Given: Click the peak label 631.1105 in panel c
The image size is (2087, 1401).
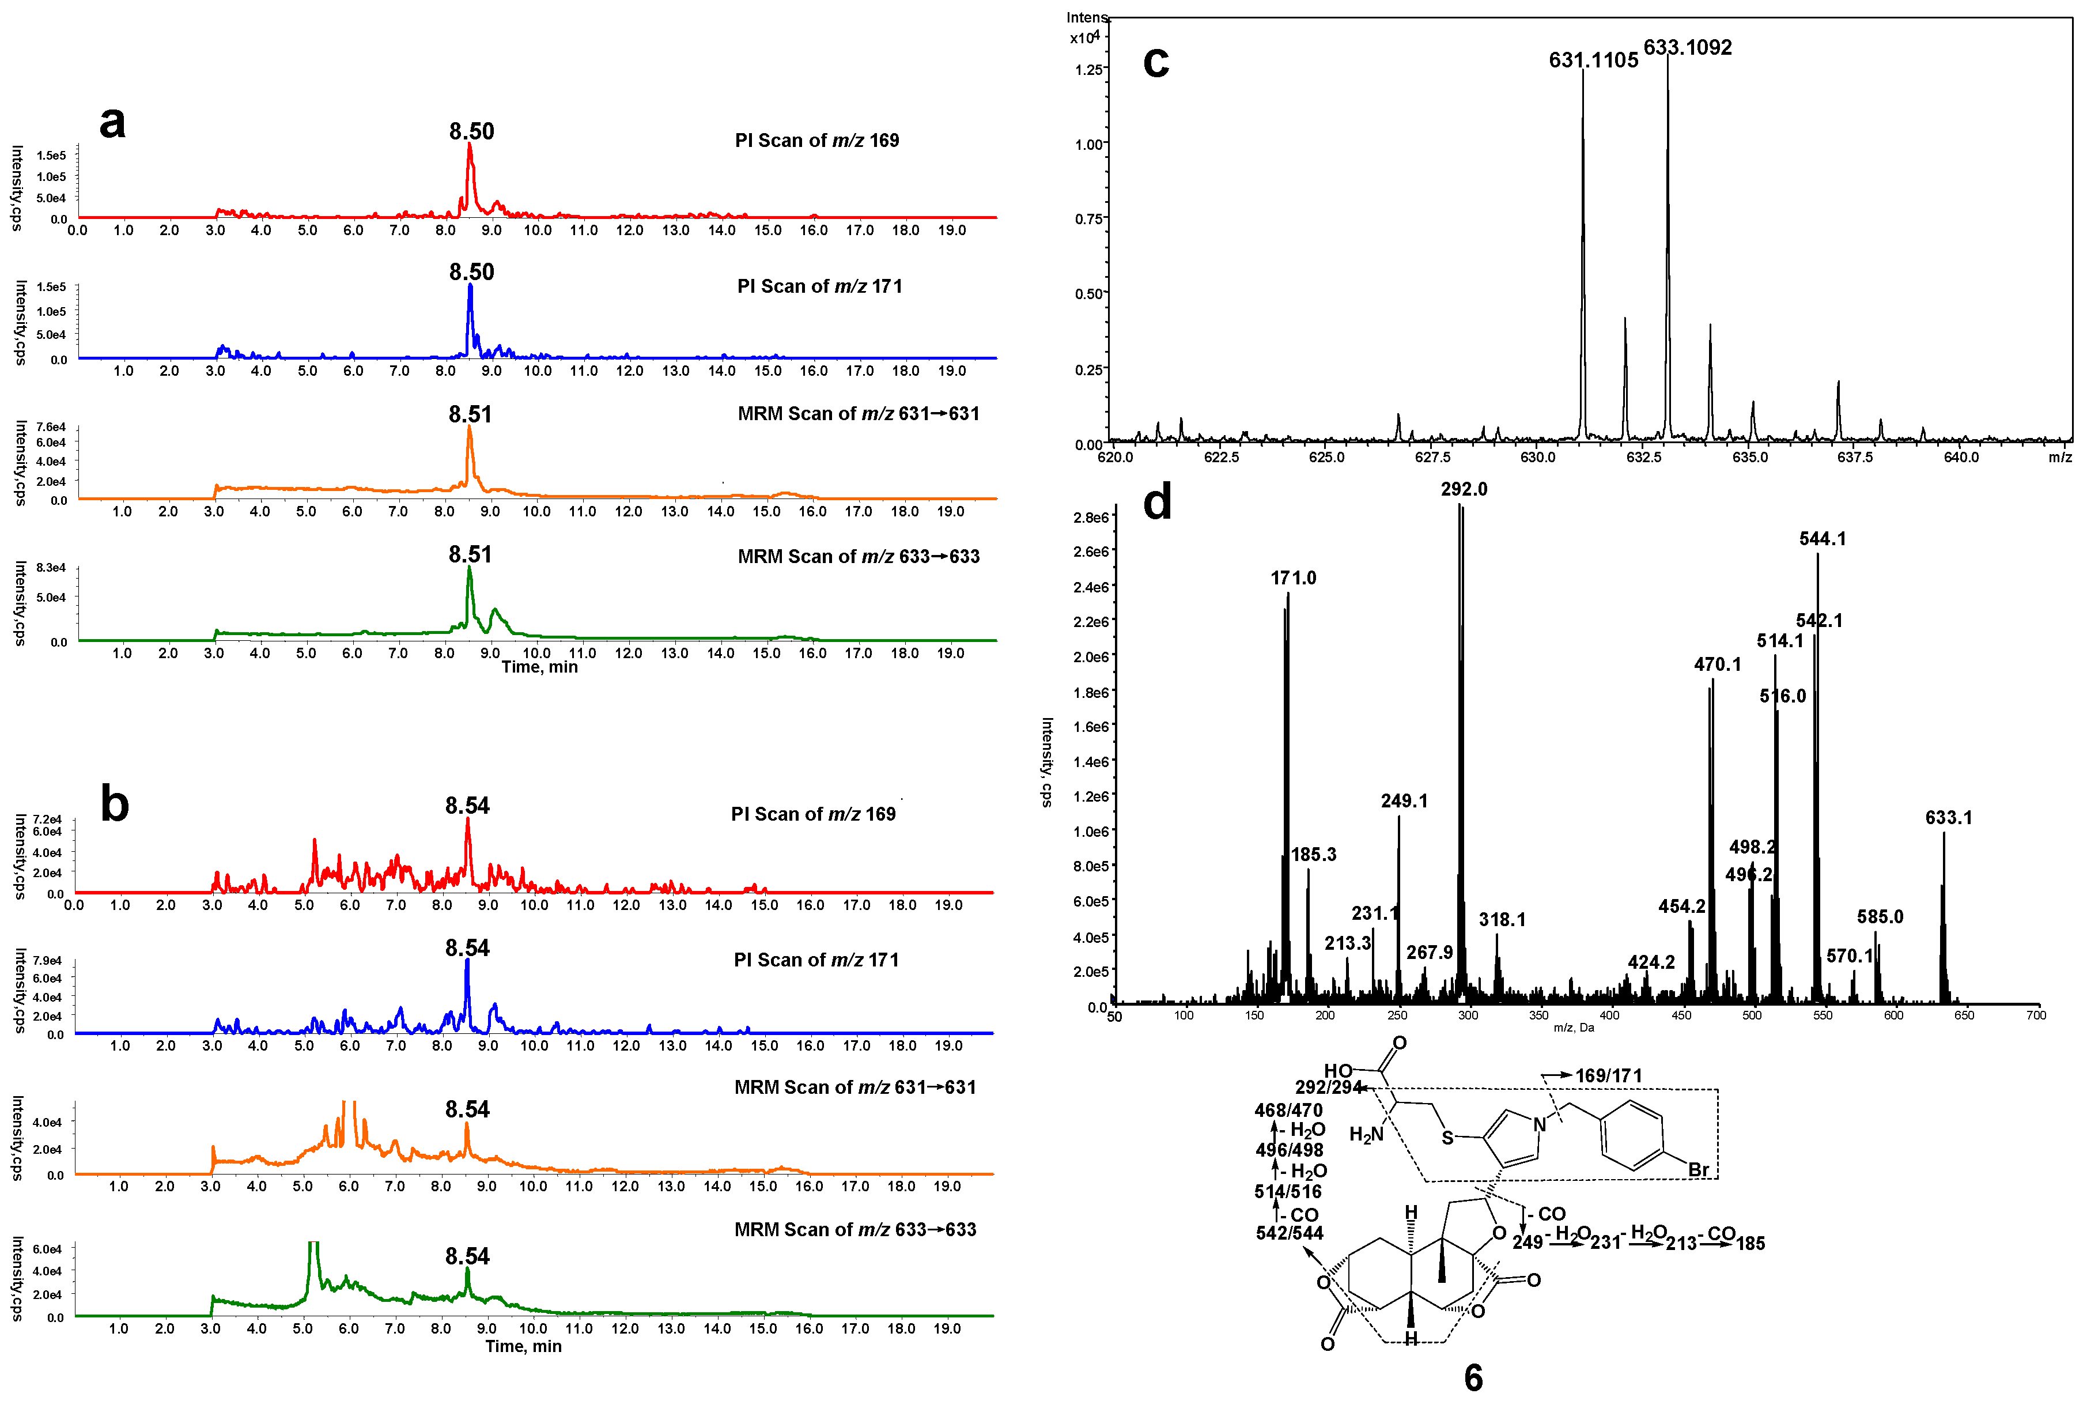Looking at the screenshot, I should (1593, 60).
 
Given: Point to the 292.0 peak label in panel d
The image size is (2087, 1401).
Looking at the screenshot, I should (1464, 489).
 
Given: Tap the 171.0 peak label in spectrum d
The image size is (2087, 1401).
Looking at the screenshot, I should (1293, 577).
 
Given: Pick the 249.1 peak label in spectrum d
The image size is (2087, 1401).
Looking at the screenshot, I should (1404, 800).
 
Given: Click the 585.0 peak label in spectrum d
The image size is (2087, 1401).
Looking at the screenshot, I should (1879, 917).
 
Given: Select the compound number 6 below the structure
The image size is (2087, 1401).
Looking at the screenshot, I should (1473, 1377).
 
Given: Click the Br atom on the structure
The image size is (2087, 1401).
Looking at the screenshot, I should (1697, 1169).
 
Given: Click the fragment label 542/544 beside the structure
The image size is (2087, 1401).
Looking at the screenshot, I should (1289, 1233).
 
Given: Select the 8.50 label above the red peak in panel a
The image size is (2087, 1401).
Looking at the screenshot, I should (471, 131).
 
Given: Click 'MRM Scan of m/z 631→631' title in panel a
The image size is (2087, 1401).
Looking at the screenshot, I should (857, 414).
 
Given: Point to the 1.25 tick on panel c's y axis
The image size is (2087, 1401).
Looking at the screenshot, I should (1088, 69).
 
